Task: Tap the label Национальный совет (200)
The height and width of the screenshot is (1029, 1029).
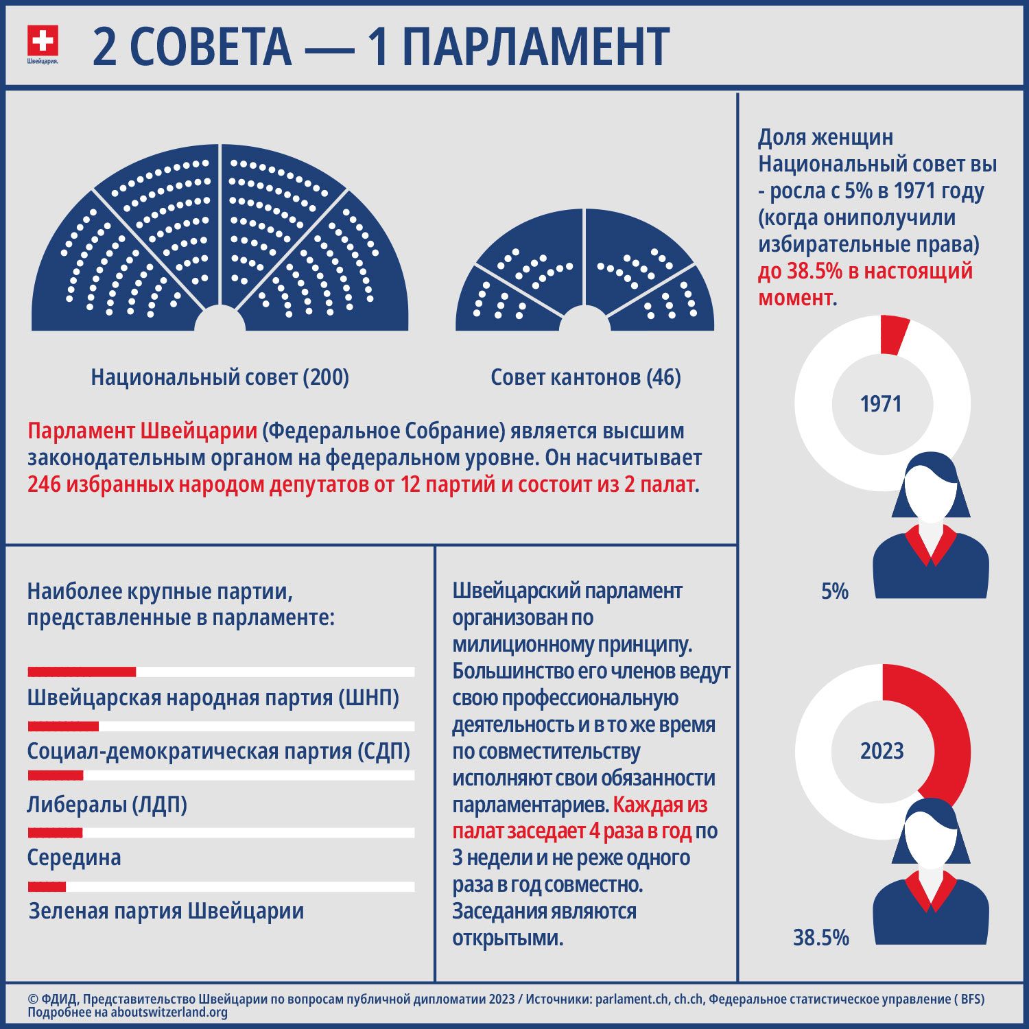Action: click(x=220, y=377)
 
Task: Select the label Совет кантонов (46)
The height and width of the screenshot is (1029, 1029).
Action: click(x=585, y=377)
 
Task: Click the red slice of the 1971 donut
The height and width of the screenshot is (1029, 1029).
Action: click(x=894, y=335)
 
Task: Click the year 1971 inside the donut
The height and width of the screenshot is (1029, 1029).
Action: click(x=881, y=403)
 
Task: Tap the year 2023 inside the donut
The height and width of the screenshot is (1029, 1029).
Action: click(x=882, y=750)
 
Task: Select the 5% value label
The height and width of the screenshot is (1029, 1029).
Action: click(x=834, y=591)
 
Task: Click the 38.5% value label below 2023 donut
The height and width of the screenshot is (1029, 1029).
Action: click(x=820, y=937)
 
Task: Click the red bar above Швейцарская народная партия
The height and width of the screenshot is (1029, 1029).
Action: click(x=82, y=672)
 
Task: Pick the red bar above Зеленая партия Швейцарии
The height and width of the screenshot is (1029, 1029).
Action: click(x=47, y=886)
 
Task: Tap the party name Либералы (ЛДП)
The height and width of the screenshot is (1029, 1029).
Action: click(x=107, y=804)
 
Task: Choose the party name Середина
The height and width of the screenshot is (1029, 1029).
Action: click(x=74, y=857)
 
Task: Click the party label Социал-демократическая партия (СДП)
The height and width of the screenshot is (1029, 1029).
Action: click(x=218, y=751)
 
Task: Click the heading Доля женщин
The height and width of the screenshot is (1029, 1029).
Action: click(x=825, y=137)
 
